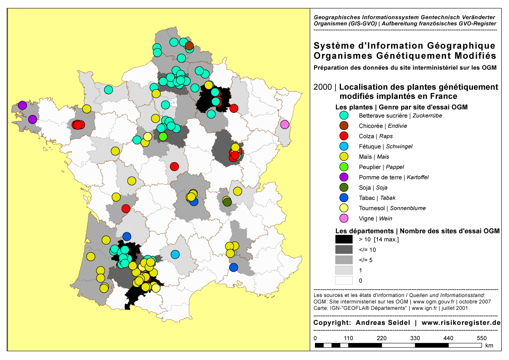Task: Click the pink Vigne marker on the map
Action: click(284, 125)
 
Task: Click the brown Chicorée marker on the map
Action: click(189, 45)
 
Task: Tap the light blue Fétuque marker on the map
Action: click(175, 254)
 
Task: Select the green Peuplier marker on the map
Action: click(163, 137)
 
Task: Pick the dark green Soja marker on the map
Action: click(227, 201)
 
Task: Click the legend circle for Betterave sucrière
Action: click(344, 115)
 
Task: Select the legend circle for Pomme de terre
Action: click(344, 177)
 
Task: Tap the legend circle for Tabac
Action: click(344, 198)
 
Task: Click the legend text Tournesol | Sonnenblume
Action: click(392, 208)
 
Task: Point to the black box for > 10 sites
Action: click(344, 239)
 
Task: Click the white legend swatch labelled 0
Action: click(344, 280)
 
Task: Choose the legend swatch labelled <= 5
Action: click(344, 260)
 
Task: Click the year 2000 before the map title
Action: click(322, 87)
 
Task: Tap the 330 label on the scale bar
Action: click(415, 338)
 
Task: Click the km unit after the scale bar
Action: click(490, 345)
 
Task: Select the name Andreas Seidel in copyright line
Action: click(383, 323)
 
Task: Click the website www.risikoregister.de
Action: click(461, 323)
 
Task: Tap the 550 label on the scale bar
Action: click(482, 338)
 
